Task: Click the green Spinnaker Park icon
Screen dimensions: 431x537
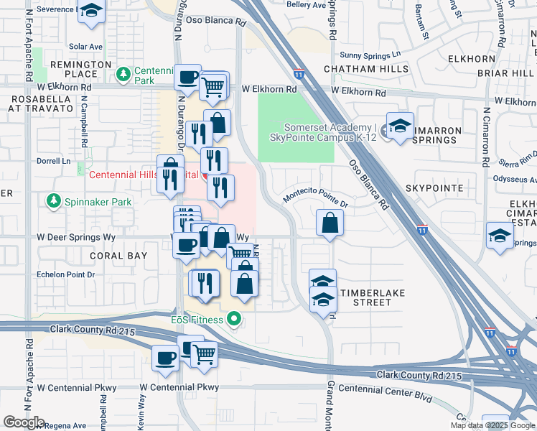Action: pyautogui.click(x=52, y=202)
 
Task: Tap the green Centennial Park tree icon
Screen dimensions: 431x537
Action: pyautogui.click(x=124, y=73)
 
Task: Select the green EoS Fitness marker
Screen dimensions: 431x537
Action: pyautogui.click(x=233, y=319)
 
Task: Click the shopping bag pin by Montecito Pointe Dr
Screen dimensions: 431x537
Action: pyautogui.click(x=330, y=223)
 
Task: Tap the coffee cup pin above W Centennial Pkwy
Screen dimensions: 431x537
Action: pyautogui.click(x=166, y=357)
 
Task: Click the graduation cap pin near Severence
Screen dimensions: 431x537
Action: pyautogui.click(x=91, y=11)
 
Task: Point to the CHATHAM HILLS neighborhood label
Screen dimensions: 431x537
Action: pyautogui.click(x=365, y=69)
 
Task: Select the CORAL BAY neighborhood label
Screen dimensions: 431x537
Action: pyautogui.click(x=118, y=256)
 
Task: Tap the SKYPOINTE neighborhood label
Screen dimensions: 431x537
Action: pyautogui.click(x=434, y=187)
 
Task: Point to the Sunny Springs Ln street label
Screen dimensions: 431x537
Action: pyautogui.click(x=370, y=55)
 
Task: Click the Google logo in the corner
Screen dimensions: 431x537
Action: pyautogui.click(x=24, y=422)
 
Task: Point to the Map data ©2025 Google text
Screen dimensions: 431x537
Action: pyautogui.click(x=492, y=425)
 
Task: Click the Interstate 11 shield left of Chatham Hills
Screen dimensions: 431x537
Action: pyautogui.click(x=299, y=73)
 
